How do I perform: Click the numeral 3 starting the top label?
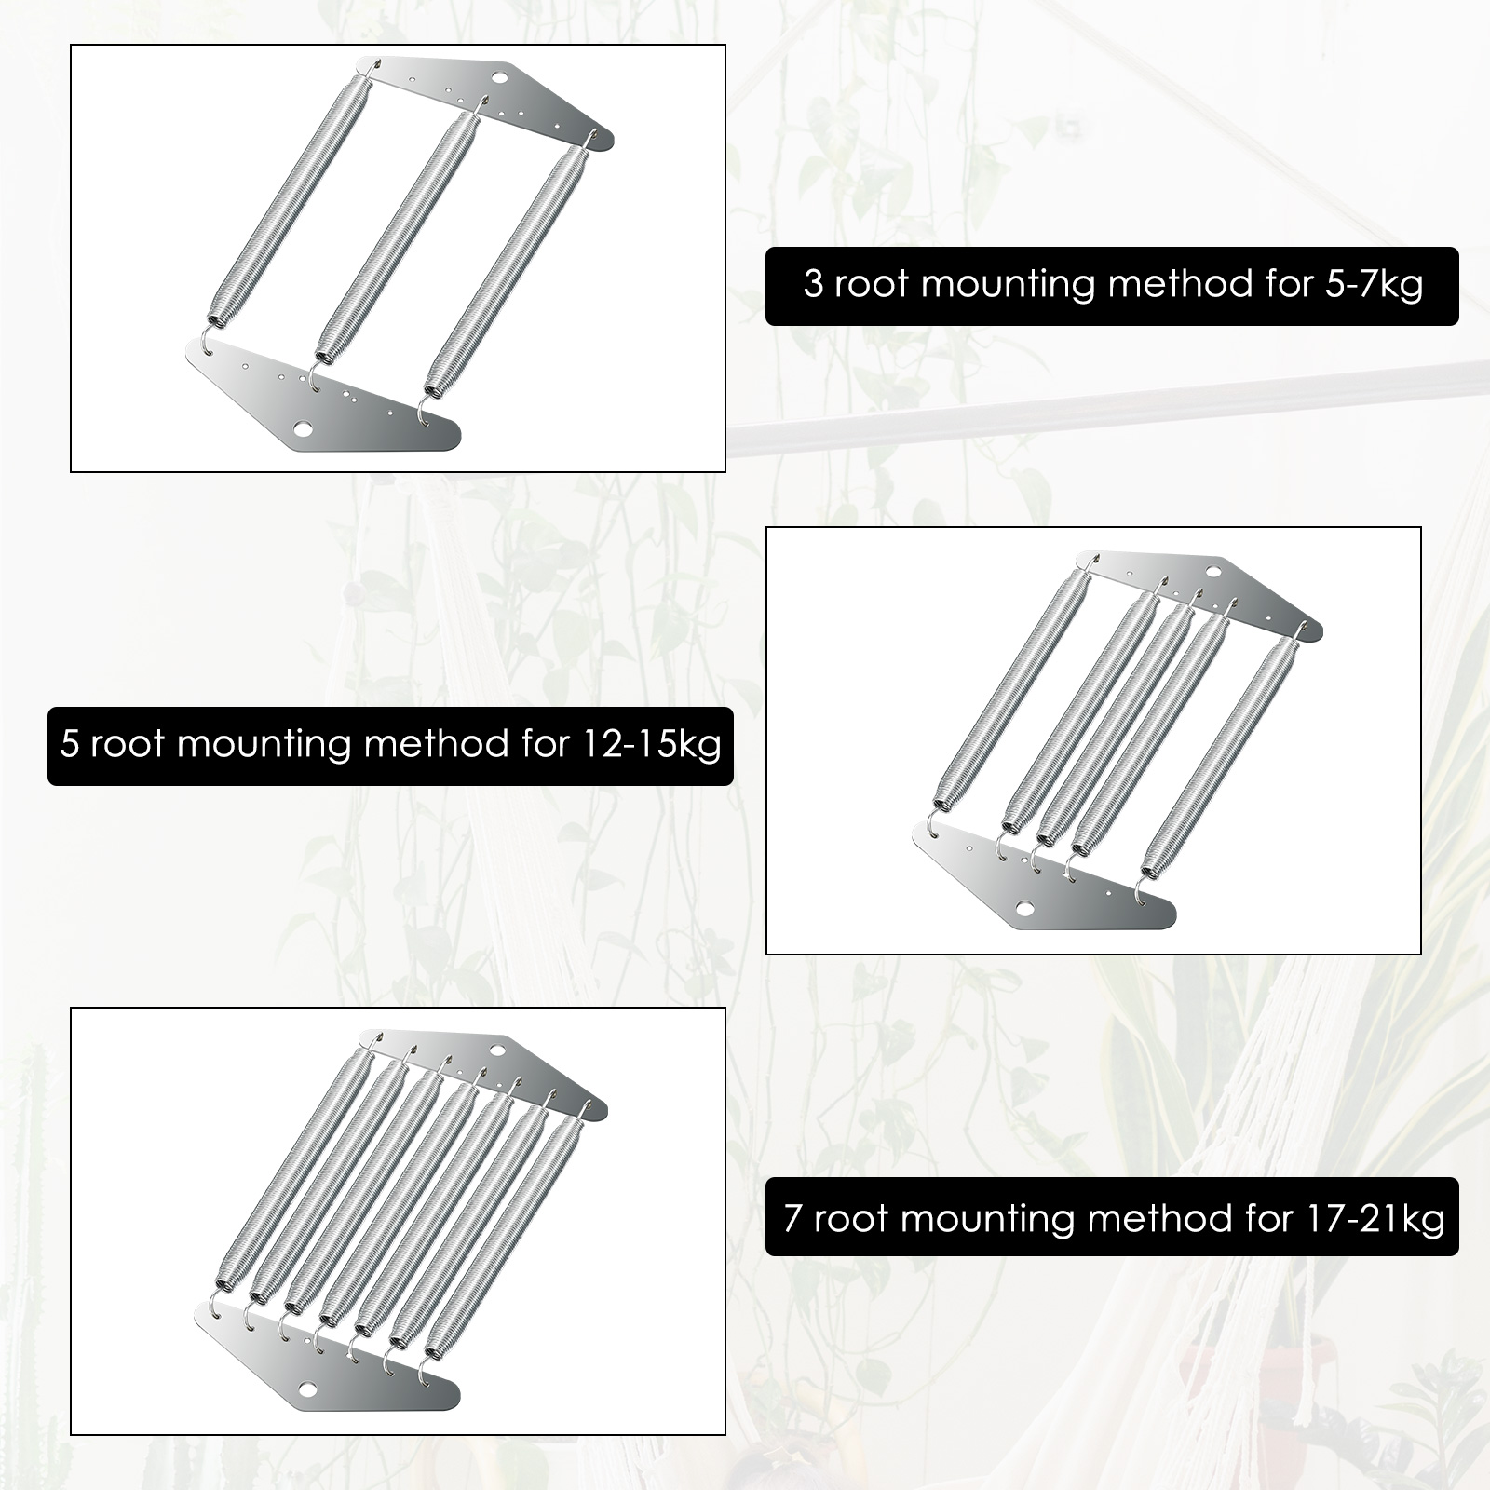pyautogui.click(x=813, y=283)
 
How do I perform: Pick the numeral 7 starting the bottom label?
pyautogui.click(x=792, y=1217)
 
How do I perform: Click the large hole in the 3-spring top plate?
pyautogui.click(x=505, y=74)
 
